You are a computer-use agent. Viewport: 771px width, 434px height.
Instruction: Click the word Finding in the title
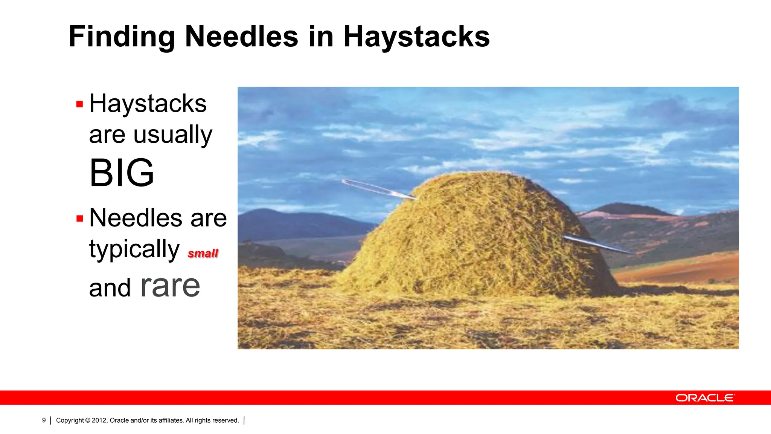[x=121, y=37]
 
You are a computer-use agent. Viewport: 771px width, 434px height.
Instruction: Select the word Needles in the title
[x=241, y=37]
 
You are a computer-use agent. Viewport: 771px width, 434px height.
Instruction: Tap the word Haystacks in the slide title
[x=416, y=37]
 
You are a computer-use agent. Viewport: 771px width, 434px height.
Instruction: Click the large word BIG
[x=122, y=173]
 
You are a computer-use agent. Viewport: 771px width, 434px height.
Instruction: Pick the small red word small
[x=203, y=254]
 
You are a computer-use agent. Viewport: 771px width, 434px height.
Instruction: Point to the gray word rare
[x=170, y=286]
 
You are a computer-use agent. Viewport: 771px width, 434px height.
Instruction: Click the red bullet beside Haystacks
[x=79, y=104]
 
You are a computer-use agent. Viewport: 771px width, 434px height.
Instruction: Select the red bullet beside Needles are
[x=79, y=219]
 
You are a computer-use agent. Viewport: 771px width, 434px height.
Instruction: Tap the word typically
[x=134, y=249]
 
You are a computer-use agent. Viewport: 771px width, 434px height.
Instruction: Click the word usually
[x=173, y=135]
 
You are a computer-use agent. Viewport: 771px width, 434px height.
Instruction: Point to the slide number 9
[x=44, y=420]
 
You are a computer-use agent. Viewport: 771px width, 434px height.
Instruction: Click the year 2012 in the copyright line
[x=99, y=420]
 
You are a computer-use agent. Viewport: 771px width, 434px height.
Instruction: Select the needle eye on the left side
[x=348, y=183]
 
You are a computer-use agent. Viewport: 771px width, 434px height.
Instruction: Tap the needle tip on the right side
[x=632, y=252]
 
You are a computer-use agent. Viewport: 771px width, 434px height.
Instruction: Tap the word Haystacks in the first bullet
[x=148, y=104]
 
